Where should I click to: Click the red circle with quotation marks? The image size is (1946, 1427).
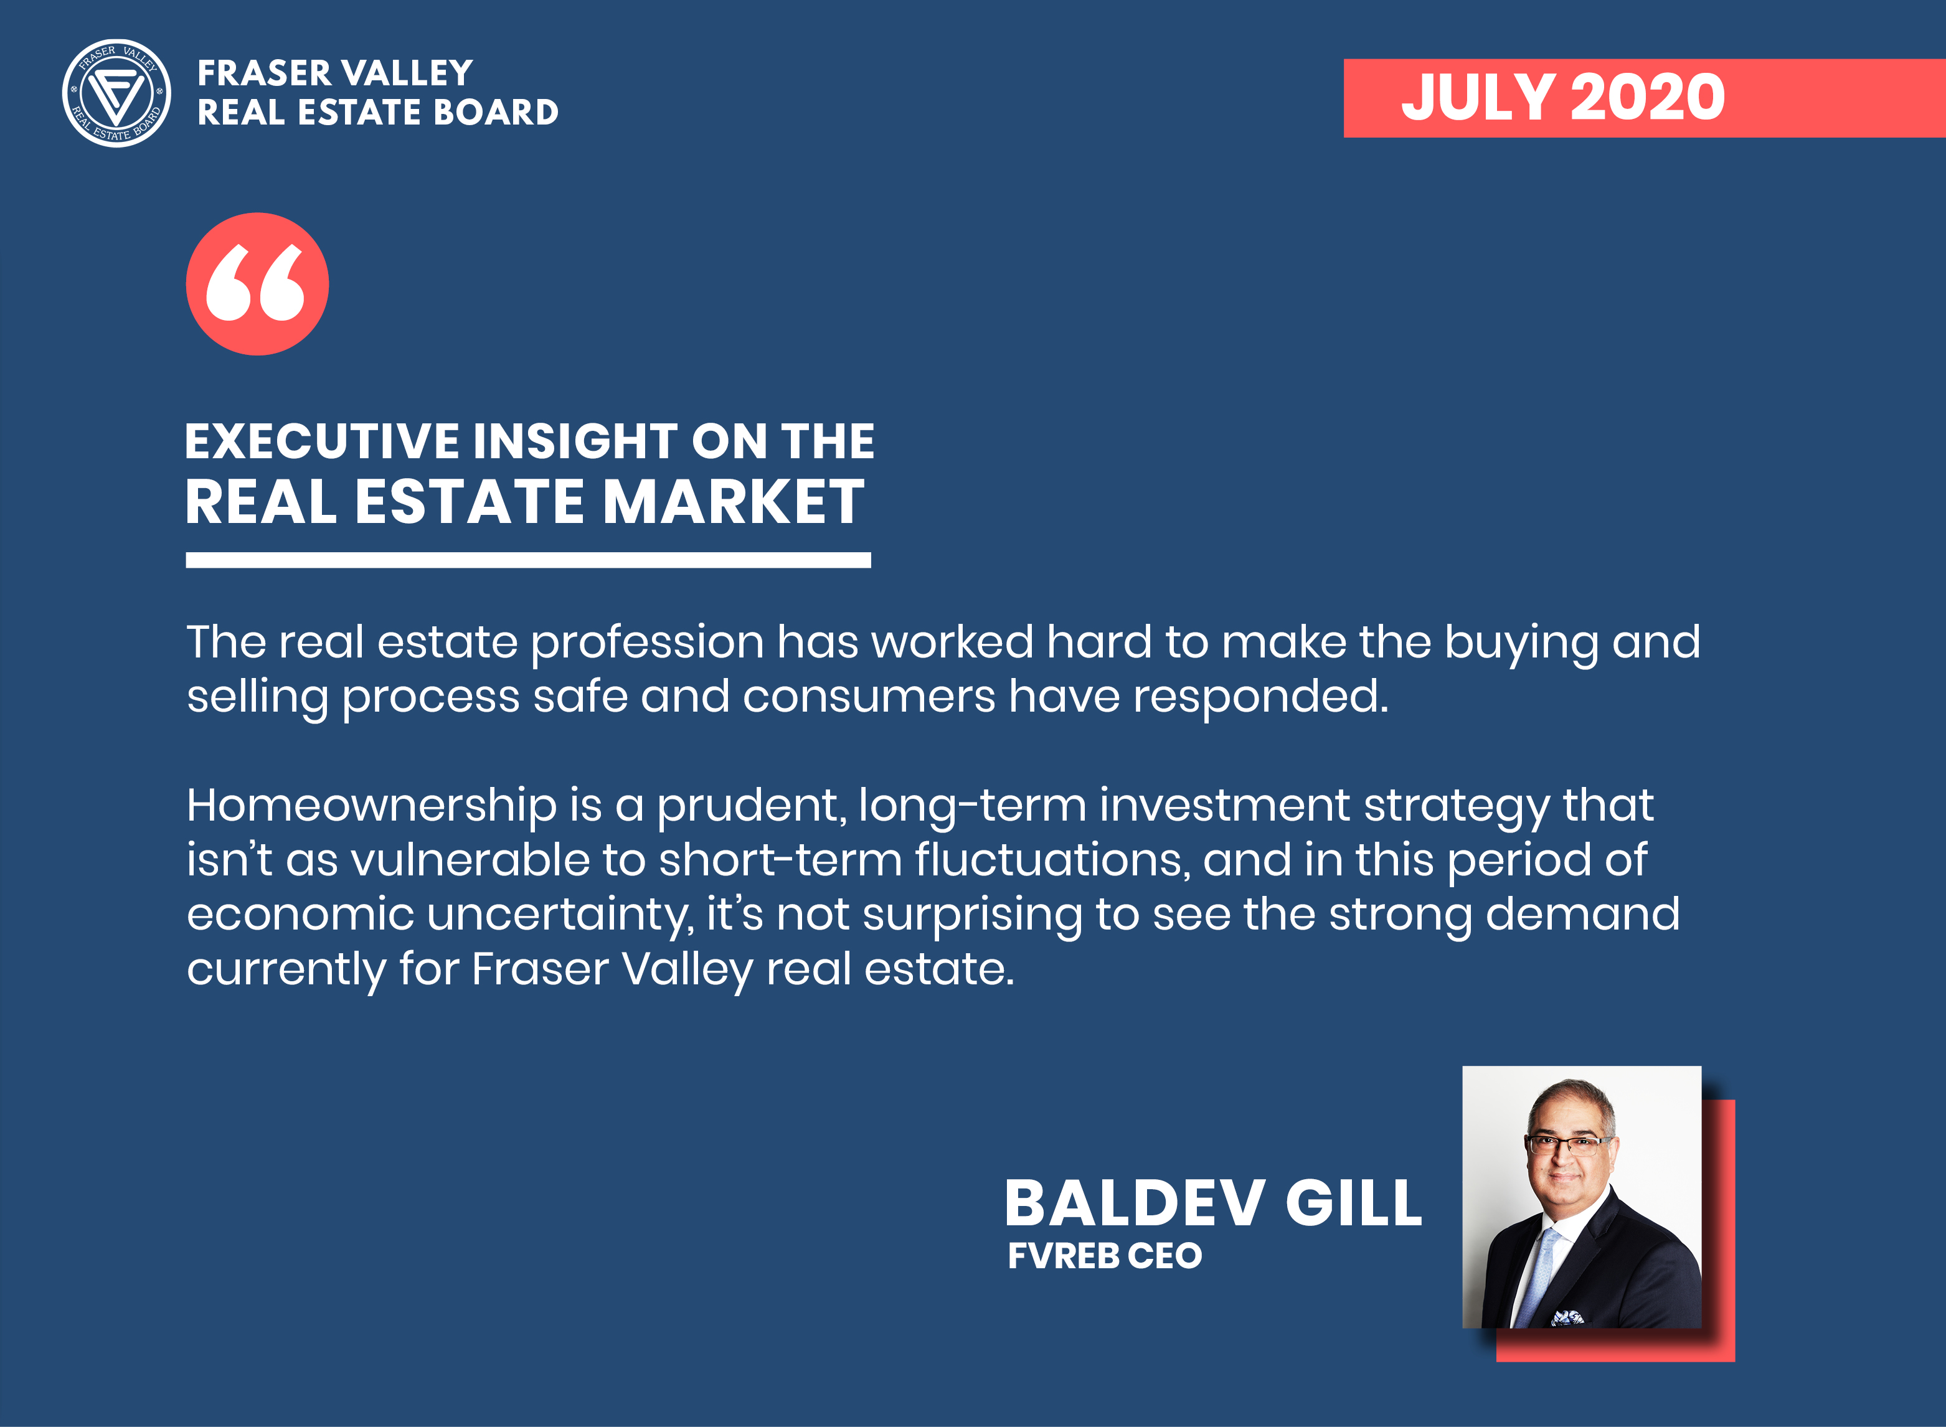257,284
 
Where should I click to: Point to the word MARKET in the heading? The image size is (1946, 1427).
734,502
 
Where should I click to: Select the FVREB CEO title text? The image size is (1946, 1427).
1105,1256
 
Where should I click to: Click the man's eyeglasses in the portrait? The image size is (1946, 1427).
1567,1146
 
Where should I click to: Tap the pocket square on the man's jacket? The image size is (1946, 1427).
1567,1318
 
